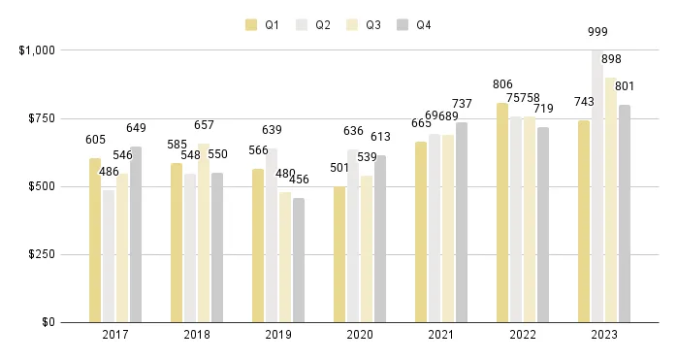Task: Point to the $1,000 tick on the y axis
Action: [x=37, y=49]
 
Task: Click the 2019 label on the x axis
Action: [x=278, y=335]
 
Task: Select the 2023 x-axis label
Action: [x=604, y=335]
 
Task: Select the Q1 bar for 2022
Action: [x=502, y=213]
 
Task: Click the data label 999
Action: [x=598, y=33]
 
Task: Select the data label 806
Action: [x=502, y=84]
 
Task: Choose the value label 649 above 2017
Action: [x=136, y=127]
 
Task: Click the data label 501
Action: [x=339, y=167]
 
